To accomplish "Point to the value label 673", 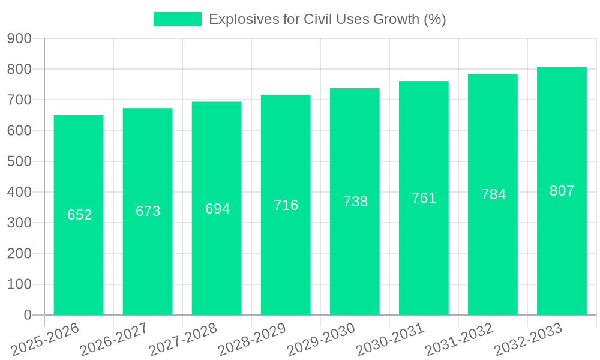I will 148,211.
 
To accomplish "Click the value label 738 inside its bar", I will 355,202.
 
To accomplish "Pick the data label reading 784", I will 493,194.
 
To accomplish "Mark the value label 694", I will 217,208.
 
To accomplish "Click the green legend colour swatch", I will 177,19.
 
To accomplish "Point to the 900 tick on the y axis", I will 19,38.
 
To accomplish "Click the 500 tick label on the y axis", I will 19,161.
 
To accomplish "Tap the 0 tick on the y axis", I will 27,314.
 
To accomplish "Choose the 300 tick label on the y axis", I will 19,223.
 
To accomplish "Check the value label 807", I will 562,191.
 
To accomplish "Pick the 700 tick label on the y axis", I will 19,100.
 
